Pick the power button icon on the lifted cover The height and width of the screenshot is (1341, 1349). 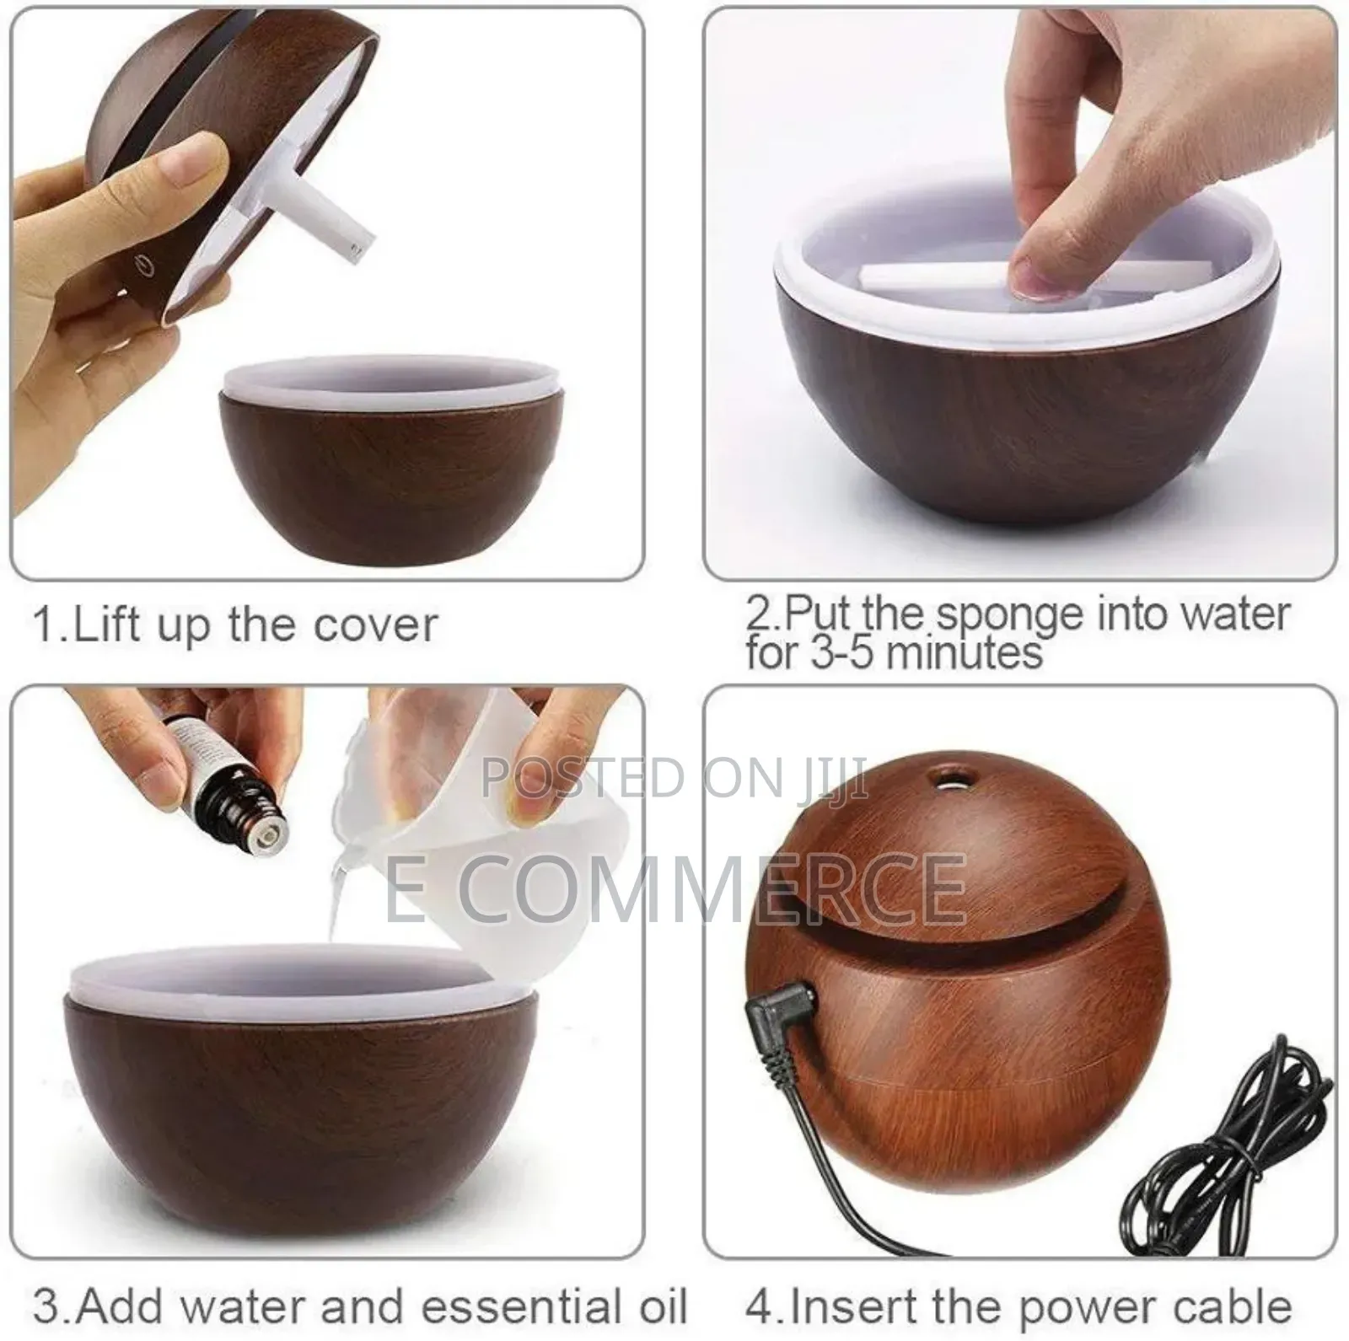[x=147, y=271]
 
